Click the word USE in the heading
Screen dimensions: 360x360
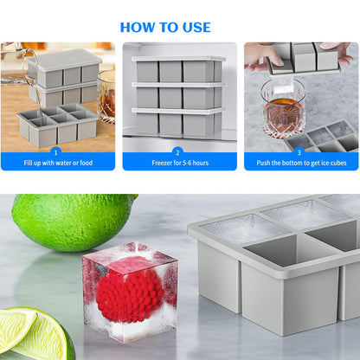click(196, 28)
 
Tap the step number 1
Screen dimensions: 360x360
click(56, 152)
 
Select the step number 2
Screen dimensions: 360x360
click(177, 152)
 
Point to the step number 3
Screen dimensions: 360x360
click(299, 152)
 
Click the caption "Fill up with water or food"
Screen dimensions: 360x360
click(58, 163)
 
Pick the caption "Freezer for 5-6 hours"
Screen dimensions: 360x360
click(180, 163)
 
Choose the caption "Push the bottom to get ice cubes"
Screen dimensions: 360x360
click(301, 163)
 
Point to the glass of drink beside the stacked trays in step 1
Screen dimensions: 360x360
click(106, 96)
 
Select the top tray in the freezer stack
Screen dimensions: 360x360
click(179, 69)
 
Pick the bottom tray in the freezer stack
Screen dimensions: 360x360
click(178, 122)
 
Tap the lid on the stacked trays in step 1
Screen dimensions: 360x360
click(64, 60)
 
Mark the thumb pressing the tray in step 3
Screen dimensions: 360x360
click(274, 60)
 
